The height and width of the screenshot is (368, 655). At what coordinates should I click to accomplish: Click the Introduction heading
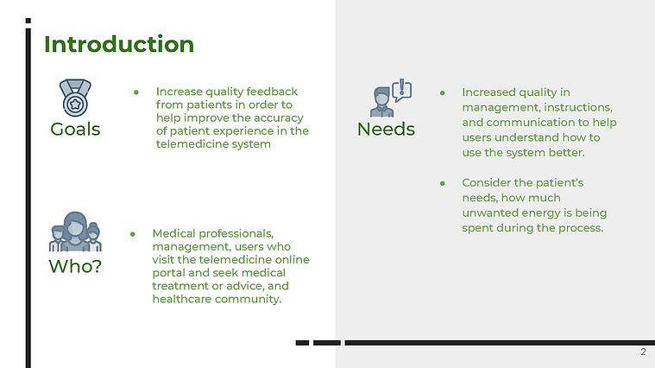pos(119,44)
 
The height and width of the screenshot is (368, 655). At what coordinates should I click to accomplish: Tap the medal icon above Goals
pos(75,98)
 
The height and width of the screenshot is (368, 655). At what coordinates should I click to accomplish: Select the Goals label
pos(75,130)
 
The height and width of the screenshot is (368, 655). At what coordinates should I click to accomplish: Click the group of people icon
pos(75,232)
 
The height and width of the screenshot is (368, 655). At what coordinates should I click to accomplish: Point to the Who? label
pos(75,266)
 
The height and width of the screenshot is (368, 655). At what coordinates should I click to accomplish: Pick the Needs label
pos(386,130)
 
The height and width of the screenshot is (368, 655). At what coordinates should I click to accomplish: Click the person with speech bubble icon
pos(391,98)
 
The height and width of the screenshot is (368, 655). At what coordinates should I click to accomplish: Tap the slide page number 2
pos(643,352)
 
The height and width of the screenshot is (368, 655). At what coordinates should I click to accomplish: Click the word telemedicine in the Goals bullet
pos(185,144)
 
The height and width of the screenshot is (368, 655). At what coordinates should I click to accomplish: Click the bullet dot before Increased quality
pos(443,92)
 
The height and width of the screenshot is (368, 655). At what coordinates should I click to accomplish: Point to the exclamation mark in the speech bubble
pos(402,86)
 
